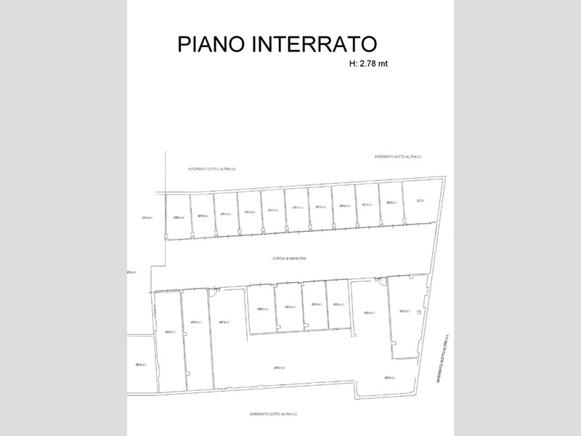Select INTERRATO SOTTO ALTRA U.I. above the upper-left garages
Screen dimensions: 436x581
click(x=212, y=169)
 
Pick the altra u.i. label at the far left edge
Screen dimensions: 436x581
click(x=131, y=272)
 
